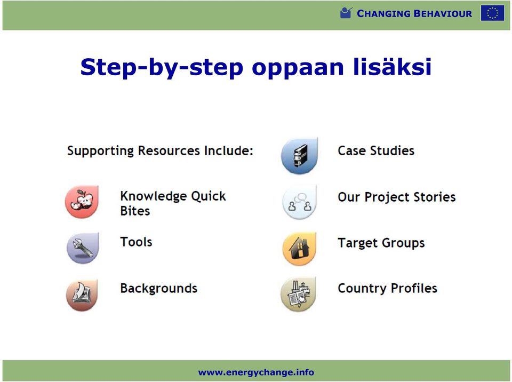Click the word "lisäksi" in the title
[x=392, y=67]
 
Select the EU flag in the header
[x=492, y=13]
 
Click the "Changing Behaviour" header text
[x=414, y=13]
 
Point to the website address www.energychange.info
[x=256, y=372]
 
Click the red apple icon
[x=82, y=202]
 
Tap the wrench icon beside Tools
[x=83, y=248]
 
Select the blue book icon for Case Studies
[x=299, y=156]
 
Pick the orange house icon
[x=299, y=248]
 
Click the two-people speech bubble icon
[x=299, y=202]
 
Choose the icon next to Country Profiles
[x=299, y=294]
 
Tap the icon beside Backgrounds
[x=82, y=295]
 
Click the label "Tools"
[x=136, y=242]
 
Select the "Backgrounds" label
[x=159, y=288]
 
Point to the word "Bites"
[x=135, y=211]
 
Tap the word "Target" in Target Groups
[x=358, y=243]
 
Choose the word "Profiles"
[x=414, y=288]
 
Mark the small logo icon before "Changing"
[x=346, y=13]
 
